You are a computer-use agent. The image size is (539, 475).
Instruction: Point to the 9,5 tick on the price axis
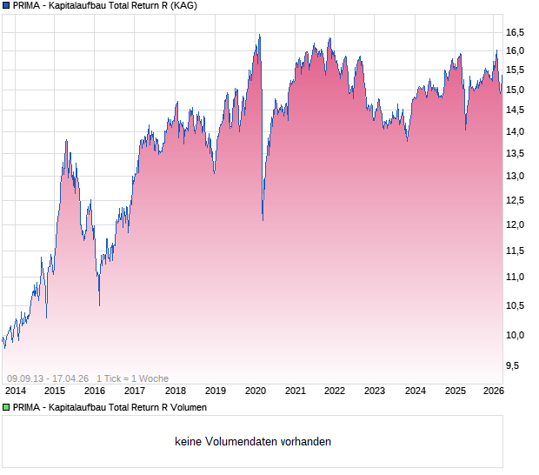point(515,365)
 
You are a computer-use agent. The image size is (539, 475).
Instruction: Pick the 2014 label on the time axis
point(15,391)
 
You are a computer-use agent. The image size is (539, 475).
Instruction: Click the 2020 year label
point(255,391)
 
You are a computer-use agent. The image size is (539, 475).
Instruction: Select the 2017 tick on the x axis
point(135,391)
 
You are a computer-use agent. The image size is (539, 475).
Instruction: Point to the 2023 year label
point(375,391)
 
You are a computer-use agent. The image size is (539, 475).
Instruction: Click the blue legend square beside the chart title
point(6,6)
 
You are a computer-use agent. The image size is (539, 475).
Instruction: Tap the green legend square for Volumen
point(6,407)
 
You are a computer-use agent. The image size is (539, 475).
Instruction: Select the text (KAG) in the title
point(183,6)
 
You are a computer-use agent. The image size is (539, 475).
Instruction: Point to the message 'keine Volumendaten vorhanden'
point(253,441)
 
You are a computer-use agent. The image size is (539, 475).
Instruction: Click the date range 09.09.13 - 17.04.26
point(48,378)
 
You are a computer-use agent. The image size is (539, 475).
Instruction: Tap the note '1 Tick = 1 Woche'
point(132,378)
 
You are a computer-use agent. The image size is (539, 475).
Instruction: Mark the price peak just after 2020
point(258,35)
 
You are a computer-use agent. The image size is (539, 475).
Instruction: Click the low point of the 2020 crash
point(263,220)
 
